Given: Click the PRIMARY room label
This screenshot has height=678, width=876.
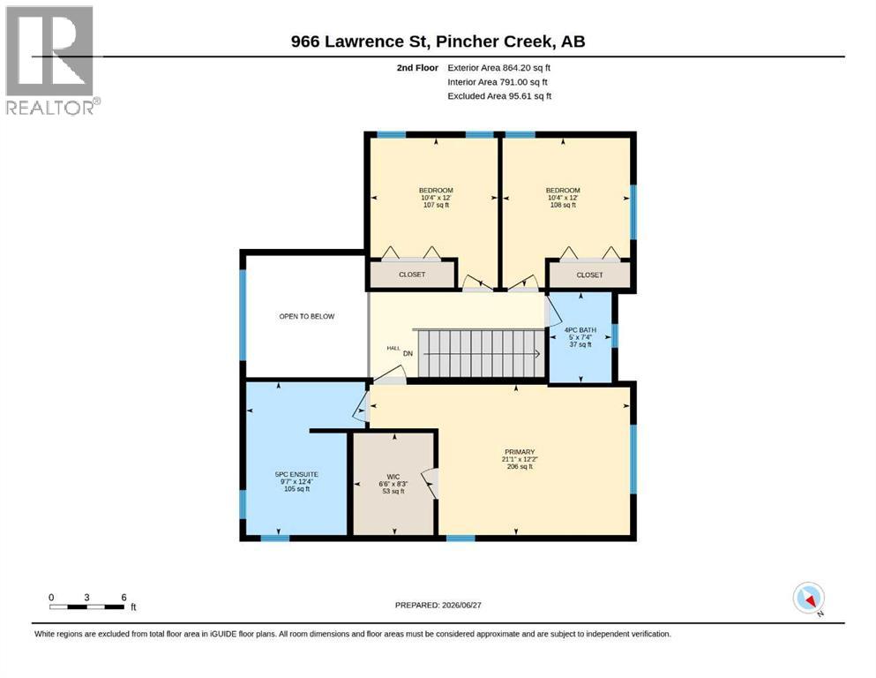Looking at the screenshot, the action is tap(520, 452).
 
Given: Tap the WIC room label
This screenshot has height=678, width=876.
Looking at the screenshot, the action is tap(393, 477).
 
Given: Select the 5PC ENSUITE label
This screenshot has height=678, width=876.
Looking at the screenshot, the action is tap(296, 474).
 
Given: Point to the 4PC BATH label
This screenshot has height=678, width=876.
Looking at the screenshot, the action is tap(580, 330).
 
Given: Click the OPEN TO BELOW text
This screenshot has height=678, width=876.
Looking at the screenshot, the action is tap(307, 316).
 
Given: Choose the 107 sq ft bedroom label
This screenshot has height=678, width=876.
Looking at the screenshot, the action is tap(436, 197).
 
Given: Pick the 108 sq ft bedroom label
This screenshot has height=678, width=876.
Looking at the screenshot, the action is tap(563, 197).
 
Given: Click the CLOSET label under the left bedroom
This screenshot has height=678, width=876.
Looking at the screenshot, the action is tap(412, 275).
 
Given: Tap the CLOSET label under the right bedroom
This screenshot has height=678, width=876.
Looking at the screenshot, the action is tap(589, 275).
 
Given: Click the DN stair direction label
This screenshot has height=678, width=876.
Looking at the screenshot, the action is tap(408, 353).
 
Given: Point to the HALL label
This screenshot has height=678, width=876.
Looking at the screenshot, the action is tap(393, 348).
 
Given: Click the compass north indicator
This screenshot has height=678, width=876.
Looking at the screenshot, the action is tap(809, 599).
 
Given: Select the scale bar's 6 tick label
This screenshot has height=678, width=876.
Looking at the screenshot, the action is tap(124, 597).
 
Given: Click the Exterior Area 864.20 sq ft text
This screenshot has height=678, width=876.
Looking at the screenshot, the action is tap(499, 68).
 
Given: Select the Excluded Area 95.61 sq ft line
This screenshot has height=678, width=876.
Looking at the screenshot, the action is tap(499, 95).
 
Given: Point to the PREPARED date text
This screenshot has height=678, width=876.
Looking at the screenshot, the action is tap(438, 605).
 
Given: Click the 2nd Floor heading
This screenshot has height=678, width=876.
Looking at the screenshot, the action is tap(417, 68).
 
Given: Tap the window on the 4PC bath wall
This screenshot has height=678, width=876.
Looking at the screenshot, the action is tap(615, 336).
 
